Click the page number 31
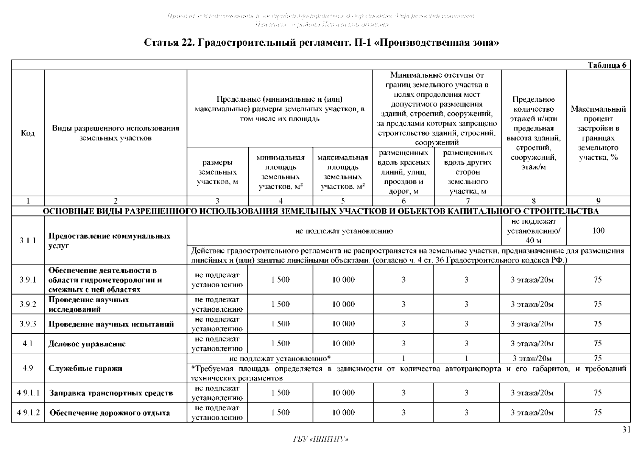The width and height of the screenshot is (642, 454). (626, 430)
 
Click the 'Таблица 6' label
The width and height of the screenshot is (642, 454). (607, 65)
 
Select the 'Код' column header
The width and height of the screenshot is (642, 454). (28, 133)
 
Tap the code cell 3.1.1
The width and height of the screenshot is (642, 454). (28, 241)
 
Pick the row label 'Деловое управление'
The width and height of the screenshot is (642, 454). (87, 344)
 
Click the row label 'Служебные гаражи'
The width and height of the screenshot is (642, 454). (85, 368)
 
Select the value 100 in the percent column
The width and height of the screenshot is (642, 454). (598, 231)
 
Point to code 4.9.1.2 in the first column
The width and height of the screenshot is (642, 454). (28, 413)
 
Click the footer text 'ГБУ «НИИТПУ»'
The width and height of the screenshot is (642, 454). (321, 439)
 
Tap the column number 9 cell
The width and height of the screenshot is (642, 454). (598, 201)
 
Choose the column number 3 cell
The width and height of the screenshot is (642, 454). (217, 201)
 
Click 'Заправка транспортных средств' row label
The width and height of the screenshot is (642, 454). (111, 393)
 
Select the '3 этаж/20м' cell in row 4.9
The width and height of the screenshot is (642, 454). (532, 359)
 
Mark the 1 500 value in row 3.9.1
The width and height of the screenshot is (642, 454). (280, 280)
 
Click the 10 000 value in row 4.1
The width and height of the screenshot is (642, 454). (343, 344)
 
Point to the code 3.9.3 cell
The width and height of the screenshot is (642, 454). (28, 324)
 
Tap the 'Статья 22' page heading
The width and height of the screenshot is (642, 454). (321, 43)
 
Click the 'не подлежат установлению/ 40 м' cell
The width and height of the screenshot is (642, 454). (533, 231)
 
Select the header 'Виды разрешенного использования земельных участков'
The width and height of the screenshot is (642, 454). (115, 133)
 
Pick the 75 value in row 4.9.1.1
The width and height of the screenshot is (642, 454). (598, 393)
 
